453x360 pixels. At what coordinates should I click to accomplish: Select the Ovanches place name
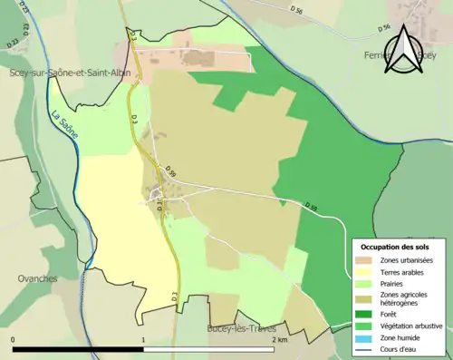[x=37, y=277]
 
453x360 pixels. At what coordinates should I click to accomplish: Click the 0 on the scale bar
[x=14, y=340]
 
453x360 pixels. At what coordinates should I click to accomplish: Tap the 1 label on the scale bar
[x=144, y=340]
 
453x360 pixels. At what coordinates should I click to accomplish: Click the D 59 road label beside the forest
[x=313, y=209]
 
